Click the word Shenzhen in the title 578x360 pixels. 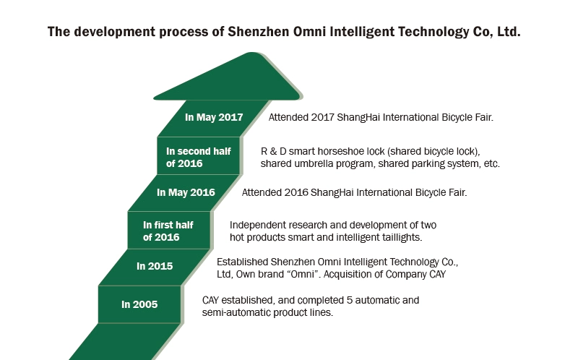tap(259, 32)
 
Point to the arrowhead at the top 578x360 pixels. tap(228, 76)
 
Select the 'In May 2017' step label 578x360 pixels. tap(214, 117)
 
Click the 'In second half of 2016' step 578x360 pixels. tap(198, 157)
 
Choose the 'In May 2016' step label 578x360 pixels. tap(186, 192)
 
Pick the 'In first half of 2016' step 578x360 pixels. tap(168, 231)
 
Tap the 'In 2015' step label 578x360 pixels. tap(155, 266)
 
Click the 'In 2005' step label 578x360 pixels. tap(139, 304)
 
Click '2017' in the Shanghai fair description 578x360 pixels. tap(322, 117)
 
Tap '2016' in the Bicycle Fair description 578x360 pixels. tap(296, 192)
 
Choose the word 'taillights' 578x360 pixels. tap(403, 237)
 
